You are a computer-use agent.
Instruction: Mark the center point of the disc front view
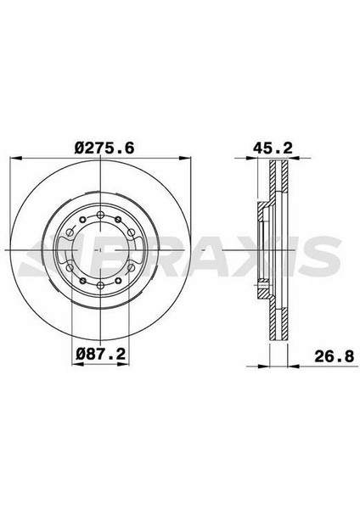(x=99, y=251)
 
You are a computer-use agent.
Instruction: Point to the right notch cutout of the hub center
(x=137, y=251)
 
